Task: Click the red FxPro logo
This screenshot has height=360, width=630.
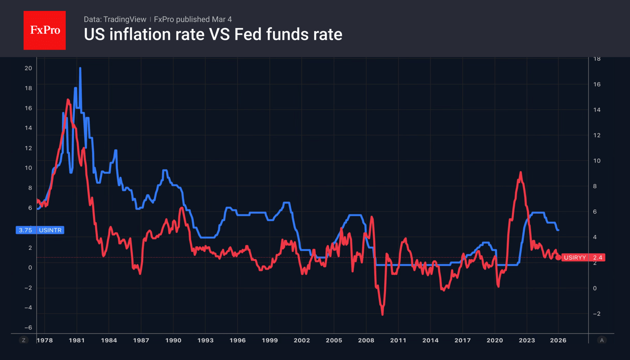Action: point(45,31)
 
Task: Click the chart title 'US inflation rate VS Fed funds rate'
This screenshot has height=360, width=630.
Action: point(213,35)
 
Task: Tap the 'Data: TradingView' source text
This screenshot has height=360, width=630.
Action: point(115,20)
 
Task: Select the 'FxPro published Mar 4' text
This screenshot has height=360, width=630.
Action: point(193,20)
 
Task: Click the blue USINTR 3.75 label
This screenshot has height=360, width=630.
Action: point(40,230)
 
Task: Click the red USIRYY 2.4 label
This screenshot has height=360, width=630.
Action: point(583,258)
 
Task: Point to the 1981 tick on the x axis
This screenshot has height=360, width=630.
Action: point(77,340)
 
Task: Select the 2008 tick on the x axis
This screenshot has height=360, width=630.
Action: point(366,340)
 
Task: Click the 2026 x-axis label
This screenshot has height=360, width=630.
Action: point(558,340)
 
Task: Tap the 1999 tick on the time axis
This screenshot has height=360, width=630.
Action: point(270,340)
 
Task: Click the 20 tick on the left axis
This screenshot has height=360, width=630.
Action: point(28,69)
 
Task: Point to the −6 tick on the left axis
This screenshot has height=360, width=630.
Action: point(28,328)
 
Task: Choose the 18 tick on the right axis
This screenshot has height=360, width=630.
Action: point(597,59)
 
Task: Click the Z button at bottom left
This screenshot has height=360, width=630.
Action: point(24,340)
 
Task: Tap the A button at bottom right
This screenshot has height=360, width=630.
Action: point(602,340)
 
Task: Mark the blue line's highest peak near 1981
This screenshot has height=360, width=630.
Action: point(80,69)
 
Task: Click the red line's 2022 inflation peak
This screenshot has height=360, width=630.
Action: point(520,173)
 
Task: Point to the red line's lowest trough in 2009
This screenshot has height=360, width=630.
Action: point(382,314)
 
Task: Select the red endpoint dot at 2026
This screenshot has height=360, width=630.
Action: point(558,258)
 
